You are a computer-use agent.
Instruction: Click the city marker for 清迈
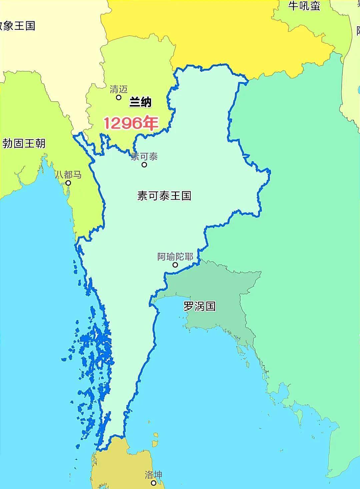pyautogui.click(x=118, y=97)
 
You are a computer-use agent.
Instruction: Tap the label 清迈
pyautogui.click(x=119, y=89)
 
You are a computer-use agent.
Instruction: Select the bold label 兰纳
pyautogui.click(x=140, y=102)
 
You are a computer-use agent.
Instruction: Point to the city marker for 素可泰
pyautogui.click(x=144, y=165)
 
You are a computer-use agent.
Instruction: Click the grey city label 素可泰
pyautogui.click(x=144, y=157)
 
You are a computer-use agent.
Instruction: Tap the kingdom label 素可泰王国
pyautogui.click(x=164, y=196)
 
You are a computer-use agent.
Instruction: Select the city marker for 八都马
pyautogui.click(x=68, y=183)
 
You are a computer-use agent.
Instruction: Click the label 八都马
pyautogui.click(x=68, y=175)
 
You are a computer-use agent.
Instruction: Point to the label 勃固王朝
pyautogui.click(x=24, y=144)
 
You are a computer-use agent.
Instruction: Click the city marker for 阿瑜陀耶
pyautogui.click(x=175, y=265)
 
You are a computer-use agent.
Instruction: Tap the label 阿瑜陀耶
pyautogui.click(x=175, y=257)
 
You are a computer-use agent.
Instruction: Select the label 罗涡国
pyautogui.click(x=199, y=306)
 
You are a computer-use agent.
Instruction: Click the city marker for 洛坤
pyautogui.click(x=153, y=483)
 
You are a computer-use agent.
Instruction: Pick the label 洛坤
pyautogui.click(x=153, y=474)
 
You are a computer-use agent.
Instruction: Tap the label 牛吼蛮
pyautogui.click(x=304, y=6)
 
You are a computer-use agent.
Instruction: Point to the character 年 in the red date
pyautogui.click(x=150, y=123)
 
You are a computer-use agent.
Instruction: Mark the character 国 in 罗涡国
pyautogui.click(x=210, y=306)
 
